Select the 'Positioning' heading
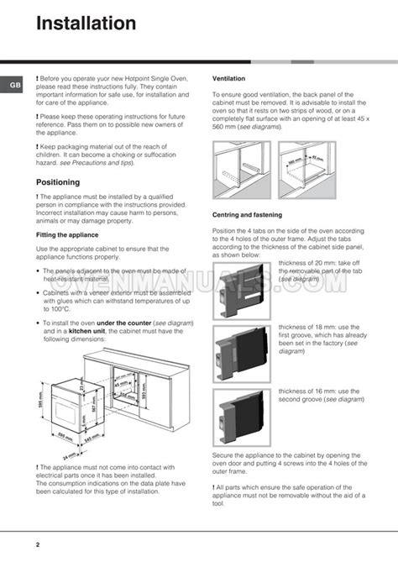click(x=58, y=181)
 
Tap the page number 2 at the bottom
click(x=38, y=544)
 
